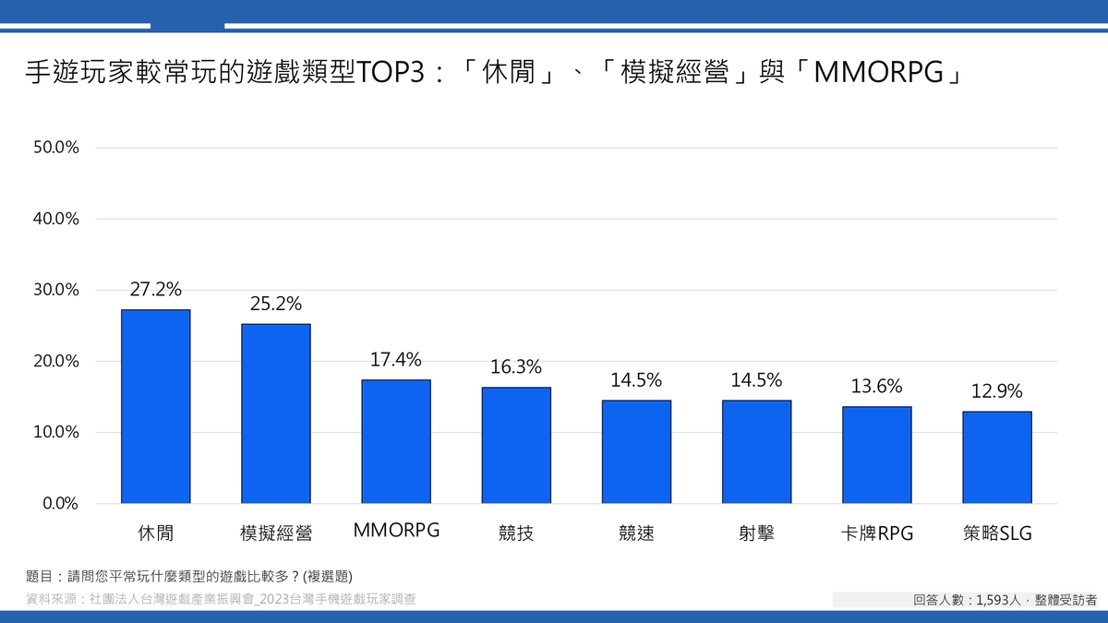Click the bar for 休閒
pyautogui.click(x=155, y=406)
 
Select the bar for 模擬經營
pyautogui.click(x=275, y=413)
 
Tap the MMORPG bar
pyautogui.click(x=395, y=441)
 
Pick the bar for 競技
pyautogui.click(x=515, y=445)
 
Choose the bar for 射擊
pyautogui.click(x=756, y=451)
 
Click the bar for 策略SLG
pyautogui.click(x=996, y=457)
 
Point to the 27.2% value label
pyautogui.click(x=155, y=289)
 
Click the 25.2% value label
pyautogui.click(x=275, y=304)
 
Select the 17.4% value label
pyautogui.click(x=395, y=359)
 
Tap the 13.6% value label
pyautogui.click(x=876, y=386)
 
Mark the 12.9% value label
pyautogui.click(x=996, y=391)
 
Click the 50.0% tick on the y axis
pyautogui.click(x=56, y=148)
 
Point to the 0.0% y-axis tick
pyautogui.click(x=61, y=504)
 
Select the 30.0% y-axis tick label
pyautogui.click(x=56, y=290)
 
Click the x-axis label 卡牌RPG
pyautogui.click(x=876, y=533)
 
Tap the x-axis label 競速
pyautogui.click(x=636, y=533)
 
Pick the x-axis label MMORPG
pyautogui.click(x=396, y=531)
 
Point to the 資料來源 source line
pyautogui.click(x=221, y=599)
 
